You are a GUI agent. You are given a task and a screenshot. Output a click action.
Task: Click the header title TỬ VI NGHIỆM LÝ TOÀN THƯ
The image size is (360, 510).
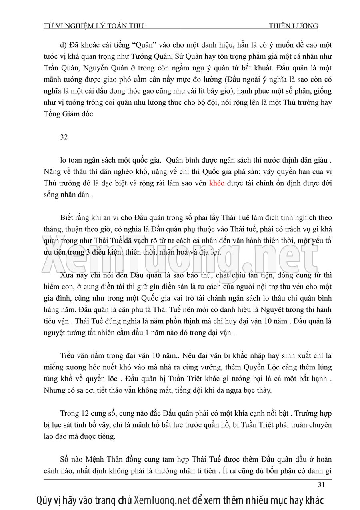click(94, 26)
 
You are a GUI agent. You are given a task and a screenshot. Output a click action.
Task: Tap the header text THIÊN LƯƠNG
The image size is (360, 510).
click(293, 26)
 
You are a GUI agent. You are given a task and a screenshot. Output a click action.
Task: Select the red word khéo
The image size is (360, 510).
click(217, 183)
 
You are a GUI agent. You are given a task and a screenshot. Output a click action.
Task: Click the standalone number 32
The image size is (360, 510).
click(64, 137)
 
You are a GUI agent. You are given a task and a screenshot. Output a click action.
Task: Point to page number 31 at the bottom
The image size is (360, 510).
click(321, 485)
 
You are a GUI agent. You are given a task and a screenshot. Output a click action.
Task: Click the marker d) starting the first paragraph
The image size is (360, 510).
click(63, 45)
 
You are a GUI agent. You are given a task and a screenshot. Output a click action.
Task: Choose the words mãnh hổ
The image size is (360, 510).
click(165, 425)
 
